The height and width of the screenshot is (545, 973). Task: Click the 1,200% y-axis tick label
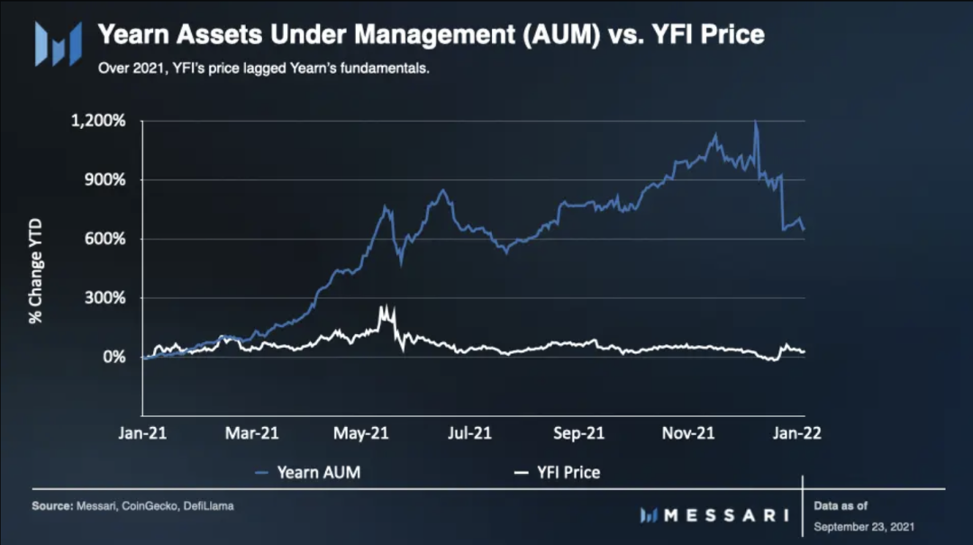(x=100, y=121)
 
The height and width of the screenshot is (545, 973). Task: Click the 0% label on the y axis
(x=114, y=358)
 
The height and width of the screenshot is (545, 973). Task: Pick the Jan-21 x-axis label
(x=142, y=433)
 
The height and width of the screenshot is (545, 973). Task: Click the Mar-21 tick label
(x=251, y=433)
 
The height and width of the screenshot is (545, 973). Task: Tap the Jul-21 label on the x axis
(x=470, y=433)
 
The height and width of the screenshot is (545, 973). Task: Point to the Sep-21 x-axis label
(x=578, y=433)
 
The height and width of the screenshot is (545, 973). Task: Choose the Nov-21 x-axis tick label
(x=688, y=433)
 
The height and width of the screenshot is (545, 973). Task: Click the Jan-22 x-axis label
(x=798, y=433)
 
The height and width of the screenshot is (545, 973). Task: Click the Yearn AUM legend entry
(x=308, y=472)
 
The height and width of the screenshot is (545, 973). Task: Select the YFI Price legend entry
(x=556, y=472)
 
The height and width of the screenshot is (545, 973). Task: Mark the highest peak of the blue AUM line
(x=755, y=123)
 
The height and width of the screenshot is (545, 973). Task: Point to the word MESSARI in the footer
(x=726, y=515)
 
